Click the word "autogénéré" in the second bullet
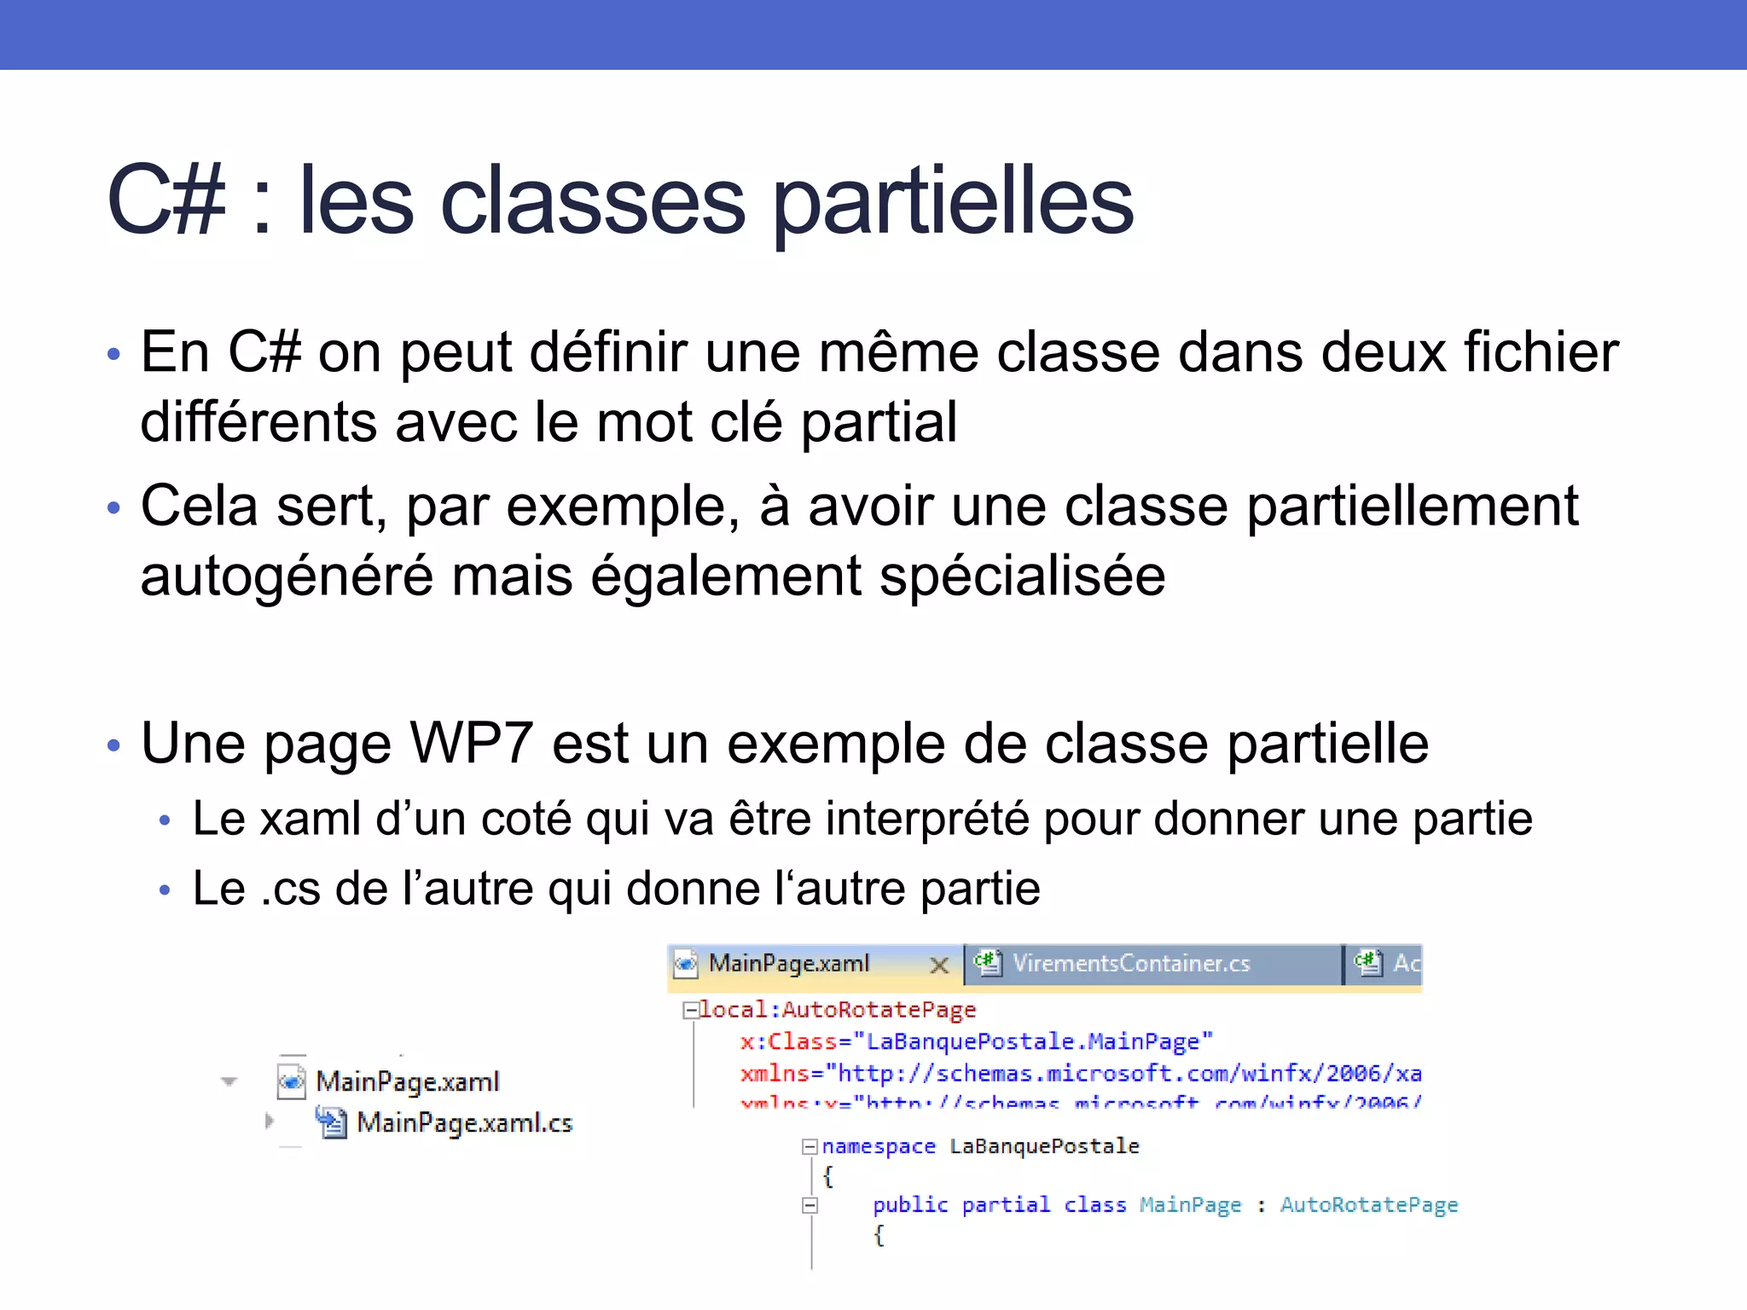point(287,577)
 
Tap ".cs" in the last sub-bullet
point(290,889)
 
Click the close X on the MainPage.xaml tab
point(939,965)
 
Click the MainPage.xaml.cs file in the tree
point(464,1123)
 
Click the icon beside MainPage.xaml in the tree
point(292,1081)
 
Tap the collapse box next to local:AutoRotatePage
point(691,1011)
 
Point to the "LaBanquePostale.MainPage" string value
point(1038,1041)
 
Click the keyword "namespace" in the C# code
point(879,1146)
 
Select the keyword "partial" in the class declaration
point(1006,1205)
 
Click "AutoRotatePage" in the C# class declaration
point(1368,1205)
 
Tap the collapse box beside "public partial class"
point(810,1205)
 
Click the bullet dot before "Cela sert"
point(114,509)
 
